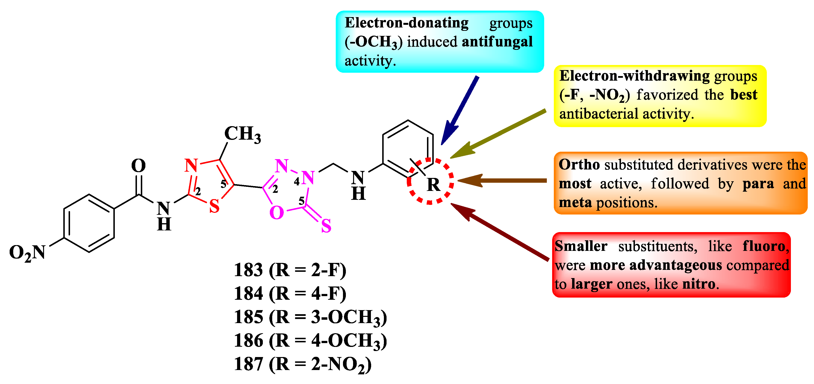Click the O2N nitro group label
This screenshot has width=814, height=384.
pos(27,253)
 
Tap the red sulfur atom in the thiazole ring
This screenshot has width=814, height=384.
pos(214,206)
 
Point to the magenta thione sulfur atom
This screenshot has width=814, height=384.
pos(326,226)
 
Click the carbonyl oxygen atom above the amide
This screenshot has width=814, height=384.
pos(138,166)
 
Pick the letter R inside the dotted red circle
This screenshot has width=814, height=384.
pos(433,185)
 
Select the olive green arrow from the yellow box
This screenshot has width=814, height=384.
pos(498,133)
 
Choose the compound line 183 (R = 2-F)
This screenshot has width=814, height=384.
pos(290,270)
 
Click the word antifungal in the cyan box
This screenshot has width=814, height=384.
pos(497,42)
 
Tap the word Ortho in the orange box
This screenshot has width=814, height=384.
pos(579,164)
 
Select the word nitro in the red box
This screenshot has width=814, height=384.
pos(699,284)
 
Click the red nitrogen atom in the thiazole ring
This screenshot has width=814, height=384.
pos(191,165)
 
